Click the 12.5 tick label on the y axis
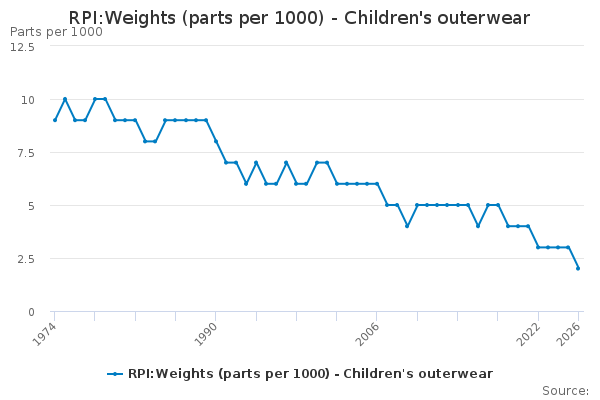22,47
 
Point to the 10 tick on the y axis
28,100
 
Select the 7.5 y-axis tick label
26,153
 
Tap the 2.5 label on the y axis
26,259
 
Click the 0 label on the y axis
31,312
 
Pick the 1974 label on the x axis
44,334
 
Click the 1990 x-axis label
205,334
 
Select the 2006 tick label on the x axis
367,334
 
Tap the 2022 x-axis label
528,334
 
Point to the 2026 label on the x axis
569,334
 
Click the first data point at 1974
55,120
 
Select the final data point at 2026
578,268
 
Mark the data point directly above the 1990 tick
216,141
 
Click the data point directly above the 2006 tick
377,184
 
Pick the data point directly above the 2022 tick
538,247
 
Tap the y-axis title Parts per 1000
56,32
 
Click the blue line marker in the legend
115,374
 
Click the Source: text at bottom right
565,391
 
